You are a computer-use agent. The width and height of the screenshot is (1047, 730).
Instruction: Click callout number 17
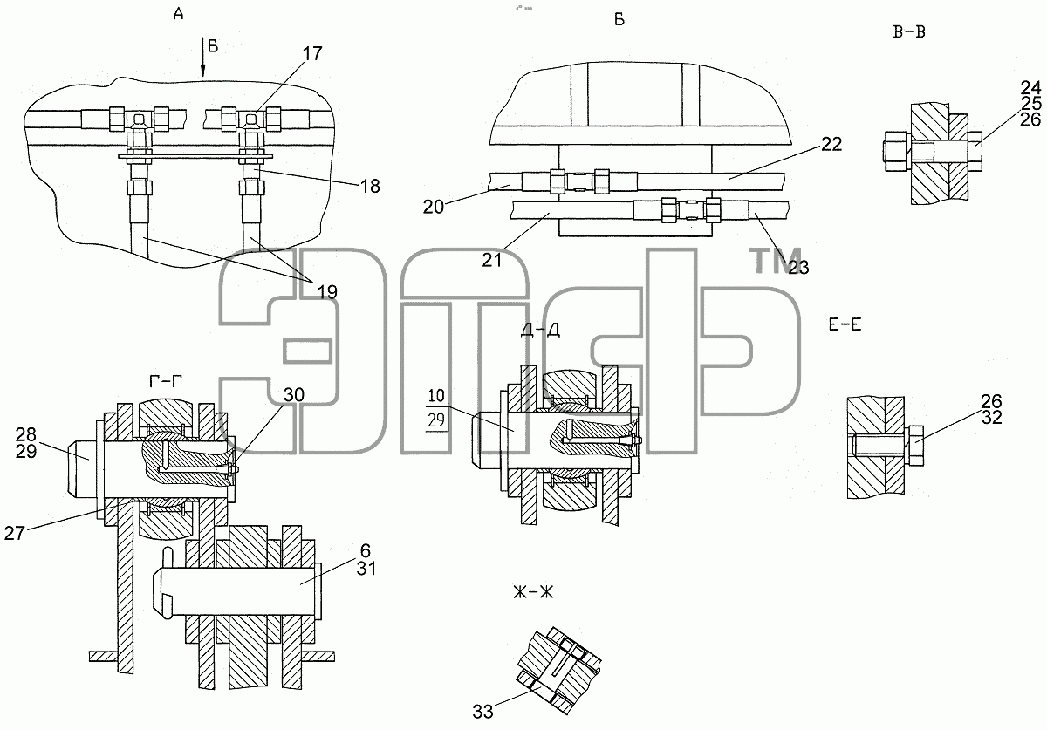tap(312, 54)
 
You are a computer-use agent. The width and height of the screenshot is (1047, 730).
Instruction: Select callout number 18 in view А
tap(370, 187)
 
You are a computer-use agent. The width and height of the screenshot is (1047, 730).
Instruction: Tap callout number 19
tap(327, 292)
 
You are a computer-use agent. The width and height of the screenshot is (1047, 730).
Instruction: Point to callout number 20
tap(434, 207)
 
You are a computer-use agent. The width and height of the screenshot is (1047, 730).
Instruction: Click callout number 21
tap(492, 260)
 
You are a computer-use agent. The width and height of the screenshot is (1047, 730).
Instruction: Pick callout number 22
tap(831, 144)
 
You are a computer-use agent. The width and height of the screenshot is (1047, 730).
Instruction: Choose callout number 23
tap(798, 268)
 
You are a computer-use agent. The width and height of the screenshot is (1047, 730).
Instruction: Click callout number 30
tap(294, 395)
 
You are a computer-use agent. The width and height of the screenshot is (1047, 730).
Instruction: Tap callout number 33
tap(482, 712)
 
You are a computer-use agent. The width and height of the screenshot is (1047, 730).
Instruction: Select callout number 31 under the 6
tap(366, 569)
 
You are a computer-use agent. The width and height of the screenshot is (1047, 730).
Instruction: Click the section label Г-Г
tap(166, 382)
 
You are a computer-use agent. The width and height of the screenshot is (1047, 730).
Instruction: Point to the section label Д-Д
tap(540, 331)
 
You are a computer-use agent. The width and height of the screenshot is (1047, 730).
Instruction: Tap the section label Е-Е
tap(845, 324)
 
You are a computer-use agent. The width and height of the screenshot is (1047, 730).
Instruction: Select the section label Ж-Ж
tap(533, 592)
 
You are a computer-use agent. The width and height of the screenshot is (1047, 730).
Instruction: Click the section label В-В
tap(909, 31)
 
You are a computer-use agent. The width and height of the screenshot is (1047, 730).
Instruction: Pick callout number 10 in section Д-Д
tap(436, 396)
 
